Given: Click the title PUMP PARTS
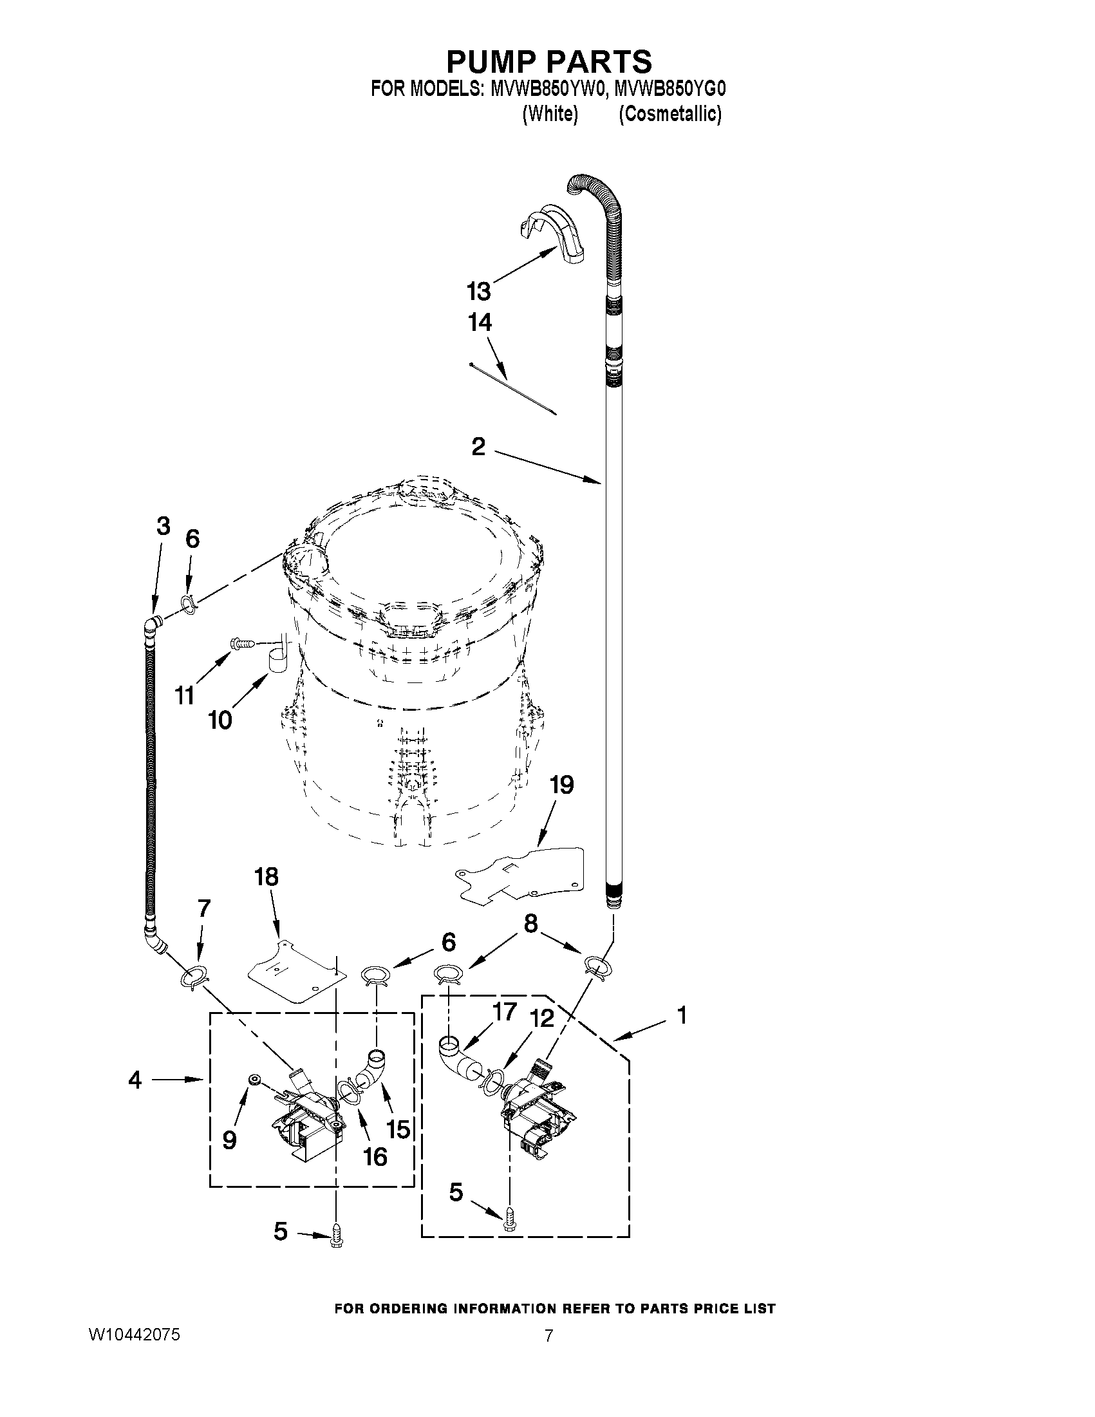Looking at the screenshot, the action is [549, 62].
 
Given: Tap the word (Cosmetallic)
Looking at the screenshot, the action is [669, 114].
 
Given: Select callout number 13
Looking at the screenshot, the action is [479, 292].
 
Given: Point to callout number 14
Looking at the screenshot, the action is [480, 323].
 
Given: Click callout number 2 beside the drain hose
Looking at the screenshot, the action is [478, 446].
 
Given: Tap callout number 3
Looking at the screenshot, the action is [164, 526].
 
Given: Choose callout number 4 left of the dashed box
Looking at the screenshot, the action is [135, 1080].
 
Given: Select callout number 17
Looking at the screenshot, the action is [504, 1011].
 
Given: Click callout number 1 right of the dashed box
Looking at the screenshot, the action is [682, 1015].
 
